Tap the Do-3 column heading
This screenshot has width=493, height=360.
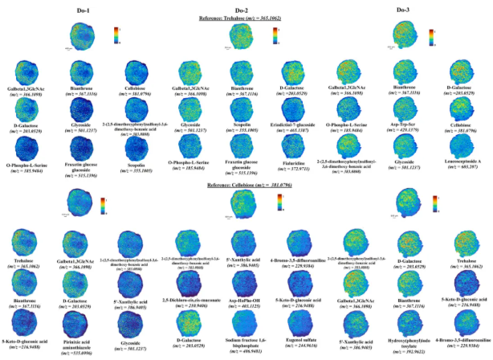tap(405, 8)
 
